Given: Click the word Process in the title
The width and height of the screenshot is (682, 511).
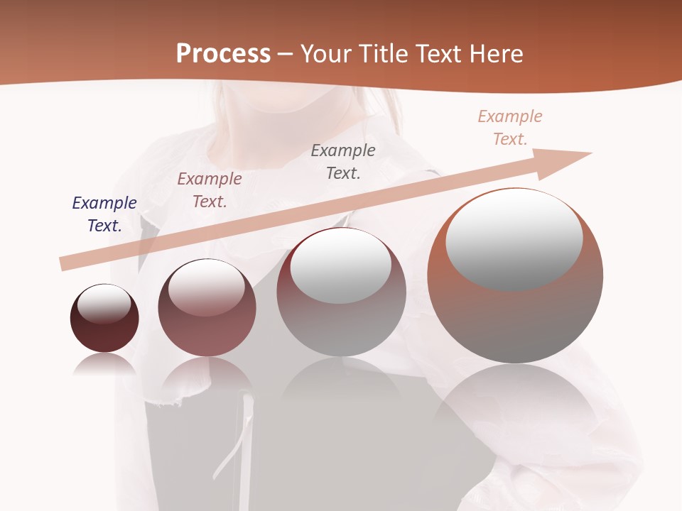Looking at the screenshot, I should [x=223, y=54].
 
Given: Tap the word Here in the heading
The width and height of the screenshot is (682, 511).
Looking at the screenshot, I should [x=494, y=54].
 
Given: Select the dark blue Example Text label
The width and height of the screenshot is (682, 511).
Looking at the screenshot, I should [x=104, y=214].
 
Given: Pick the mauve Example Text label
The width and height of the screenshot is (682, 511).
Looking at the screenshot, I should [x=210, y=190].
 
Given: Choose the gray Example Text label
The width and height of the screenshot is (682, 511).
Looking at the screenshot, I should [x=343, y=162].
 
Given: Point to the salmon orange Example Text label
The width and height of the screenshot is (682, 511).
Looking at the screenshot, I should [x=510, y=128].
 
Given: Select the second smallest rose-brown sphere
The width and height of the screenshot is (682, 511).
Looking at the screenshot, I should [x=207, y=334].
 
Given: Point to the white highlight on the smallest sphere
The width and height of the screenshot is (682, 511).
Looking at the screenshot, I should [x=104, y=304].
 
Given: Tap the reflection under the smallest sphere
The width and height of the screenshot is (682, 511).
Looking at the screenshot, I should [x=104, y=365].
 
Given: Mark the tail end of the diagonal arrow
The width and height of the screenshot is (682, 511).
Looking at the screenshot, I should [x=65, y=263].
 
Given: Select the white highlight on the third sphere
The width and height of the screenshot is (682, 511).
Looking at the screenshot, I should [x=341, y=267].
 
